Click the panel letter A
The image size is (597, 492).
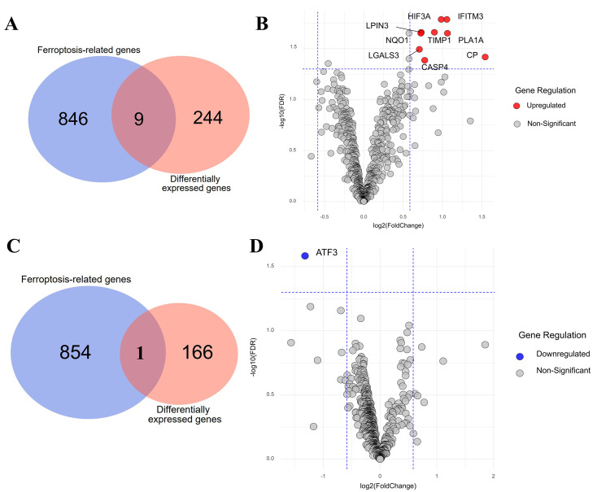[x=11, y=24]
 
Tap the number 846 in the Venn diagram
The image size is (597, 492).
[x=74, y=119]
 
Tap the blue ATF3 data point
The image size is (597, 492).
[x=305, y=255]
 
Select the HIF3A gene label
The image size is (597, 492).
[x=420, y=15]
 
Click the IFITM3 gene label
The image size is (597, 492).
[x=470, y=15]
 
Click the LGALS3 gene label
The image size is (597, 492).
[x=384, y=55]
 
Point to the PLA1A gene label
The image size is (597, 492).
[x=470, y=39]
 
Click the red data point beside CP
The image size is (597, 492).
[x=485, y=57]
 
